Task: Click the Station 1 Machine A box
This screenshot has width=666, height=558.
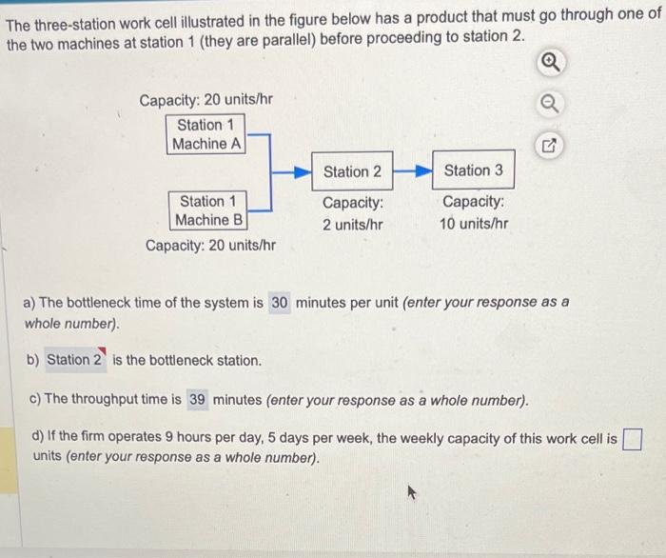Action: click(x=206, y=134)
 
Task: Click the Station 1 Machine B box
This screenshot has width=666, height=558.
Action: click(x=206, y=210)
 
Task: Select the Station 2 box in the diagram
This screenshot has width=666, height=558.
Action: click(x=352, y=171)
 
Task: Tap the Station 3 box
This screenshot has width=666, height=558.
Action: click(x=473, y=170)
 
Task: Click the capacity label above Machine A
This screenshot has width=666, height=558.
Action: click(x=207, y=100)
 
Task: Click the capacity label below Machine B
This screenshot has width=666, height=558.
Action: click(x=210, y=246)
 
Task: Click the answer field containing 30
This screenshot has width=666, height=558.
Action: click(x=280, y=303)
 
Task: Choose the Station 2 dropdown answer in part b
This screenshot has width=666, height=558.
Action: click(x=74, y=360)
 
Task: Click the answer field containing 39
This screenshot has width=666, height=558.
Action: click(x=197, y=399)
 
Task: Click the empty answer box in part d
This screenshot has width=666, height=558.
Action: click(x=633, y=439)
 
